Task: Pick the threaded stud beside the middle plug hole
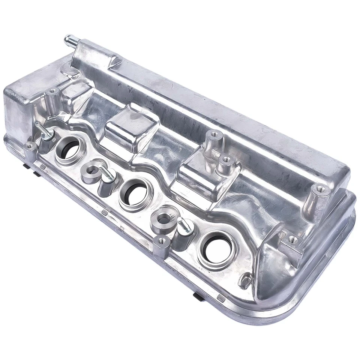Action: point(106,175)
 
